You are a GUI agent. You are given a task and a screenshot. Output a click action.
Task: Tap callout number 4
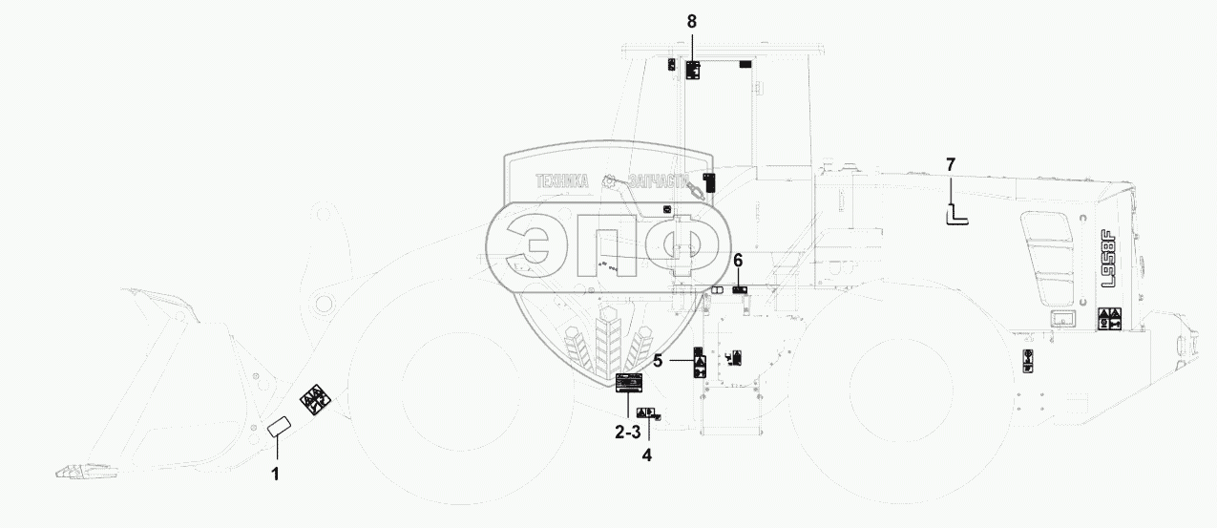point(647,455)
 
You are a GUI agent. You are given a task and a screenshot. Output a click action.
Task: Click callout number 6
point(738,261)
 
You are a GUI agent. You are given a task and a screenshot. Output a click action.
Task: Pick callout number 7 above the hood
point(950,164)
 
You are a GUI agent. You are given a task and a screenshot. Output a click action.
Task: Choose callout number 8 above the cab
point(692,19)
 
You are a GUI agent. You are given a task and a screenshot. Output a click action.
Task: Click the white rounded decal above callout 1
point(279,428)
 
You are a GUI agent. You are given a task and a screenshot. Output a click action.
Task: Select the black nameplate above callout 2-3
point(628,384)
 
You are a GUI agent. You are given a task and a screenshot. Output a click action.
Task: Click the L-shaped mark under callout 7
point(955,217)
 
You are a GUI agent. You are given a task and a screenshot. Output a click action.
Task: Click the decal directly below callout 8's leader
point(693,69)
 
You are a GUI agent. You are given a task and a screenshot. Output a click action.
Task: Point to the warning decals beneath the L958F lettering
point(1108,318)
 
